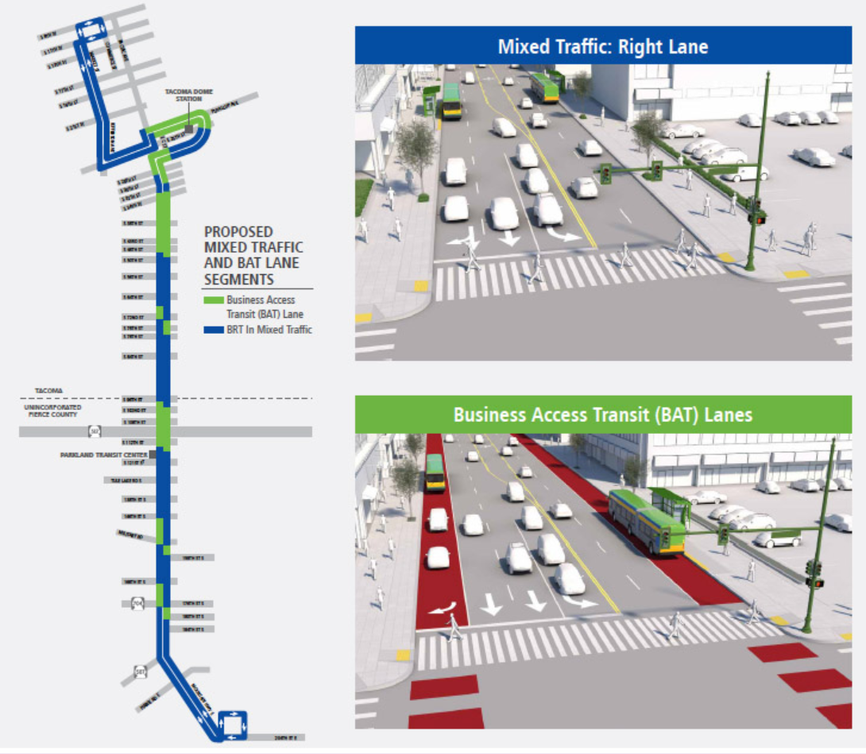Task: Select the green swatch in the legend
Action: [214, 300]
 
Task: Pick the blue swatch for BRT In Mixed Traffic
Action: [214, 330]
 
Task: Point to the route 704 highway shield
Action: [137, 604]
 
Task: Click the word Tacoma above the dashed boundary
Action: [48, 391]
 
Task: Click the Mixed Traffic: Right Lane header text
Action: [602, 47]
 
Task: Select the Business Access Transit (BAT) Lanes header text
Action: [602, 415]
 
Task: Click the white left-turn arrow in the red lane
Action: [441, 607]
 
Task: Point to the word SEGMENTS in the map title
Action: [238, 280]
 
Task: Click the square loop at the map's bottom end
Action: [233, 725]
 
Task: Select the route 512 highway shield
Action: [95, 431]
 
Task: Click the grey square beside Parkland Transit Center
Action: [152, 454]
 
